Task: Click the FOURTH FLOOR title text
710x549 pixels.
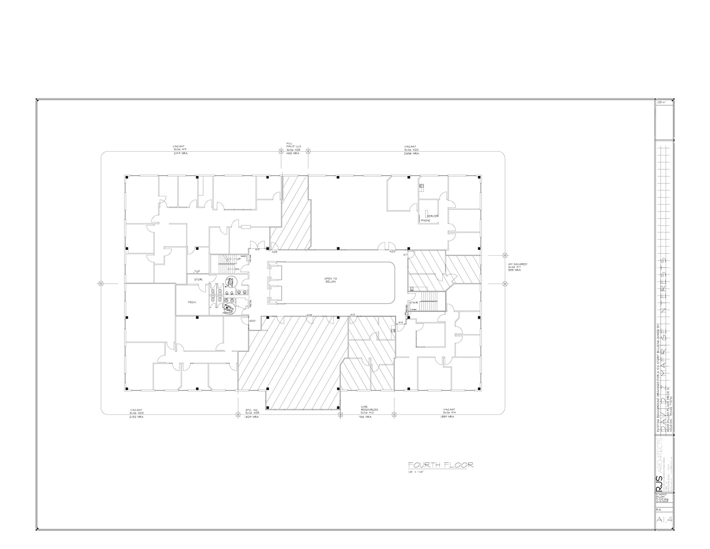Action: (440, 465)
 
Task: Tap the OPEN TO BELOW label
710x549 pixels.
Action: (330, 280)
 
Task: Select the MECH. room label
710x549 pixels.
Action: (192, 302)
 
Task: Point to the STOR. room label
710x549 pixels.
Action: (198, 279)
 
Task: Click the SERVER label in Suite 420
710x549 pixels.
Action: (433, 216)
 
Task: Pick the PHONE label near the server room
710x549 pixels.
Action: (425, 221)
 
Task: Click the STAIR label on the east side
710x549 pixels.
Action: (414, 302)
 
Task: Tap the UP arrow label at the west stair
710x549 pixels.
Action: (239, 259)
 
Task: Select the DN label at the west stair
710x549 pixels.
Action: (237, 269)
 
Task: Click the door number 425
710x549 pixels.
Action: (274, 252)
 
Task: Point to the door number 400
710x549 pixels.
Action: (252, 321)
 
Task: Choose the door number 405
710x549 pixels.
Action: (309, 315)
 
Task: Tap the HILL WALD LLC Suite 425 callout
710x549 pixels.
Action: (294, 148)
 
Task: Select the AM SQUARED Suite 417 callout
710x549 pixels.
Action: (517, 267)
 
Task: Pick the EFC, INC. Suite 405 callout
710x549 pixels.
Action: (252, 413)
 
